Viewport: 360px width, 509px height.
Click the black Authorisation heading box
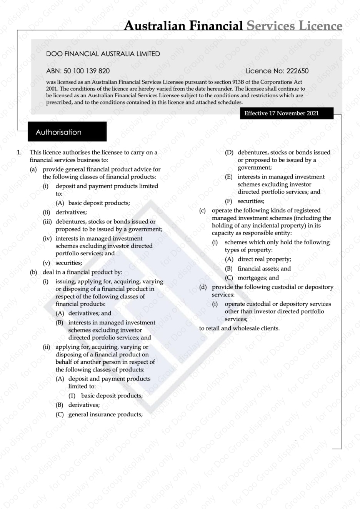pyautogui.click(x=67, y=132)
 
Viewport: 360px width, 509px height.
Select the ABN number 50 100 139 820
pyautogui.click(x=87, y=71)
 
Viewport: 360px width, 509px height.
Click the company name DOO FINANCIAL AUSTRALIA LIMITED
pyautogui.click(x=103, y=54)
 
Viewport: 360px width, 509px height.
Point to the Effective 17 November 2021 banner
pyautogui.click(x=282, y=113)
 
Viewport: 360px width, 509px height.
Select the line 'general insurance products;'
pyautogui.click(x=105, y=414)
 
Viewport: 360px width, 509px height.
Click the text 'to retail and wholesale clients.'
pyautogui.click(x=239, y=328)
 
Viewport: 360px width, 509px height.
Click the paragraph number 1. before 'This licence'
pyautogui.click(x=19, y=152)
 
